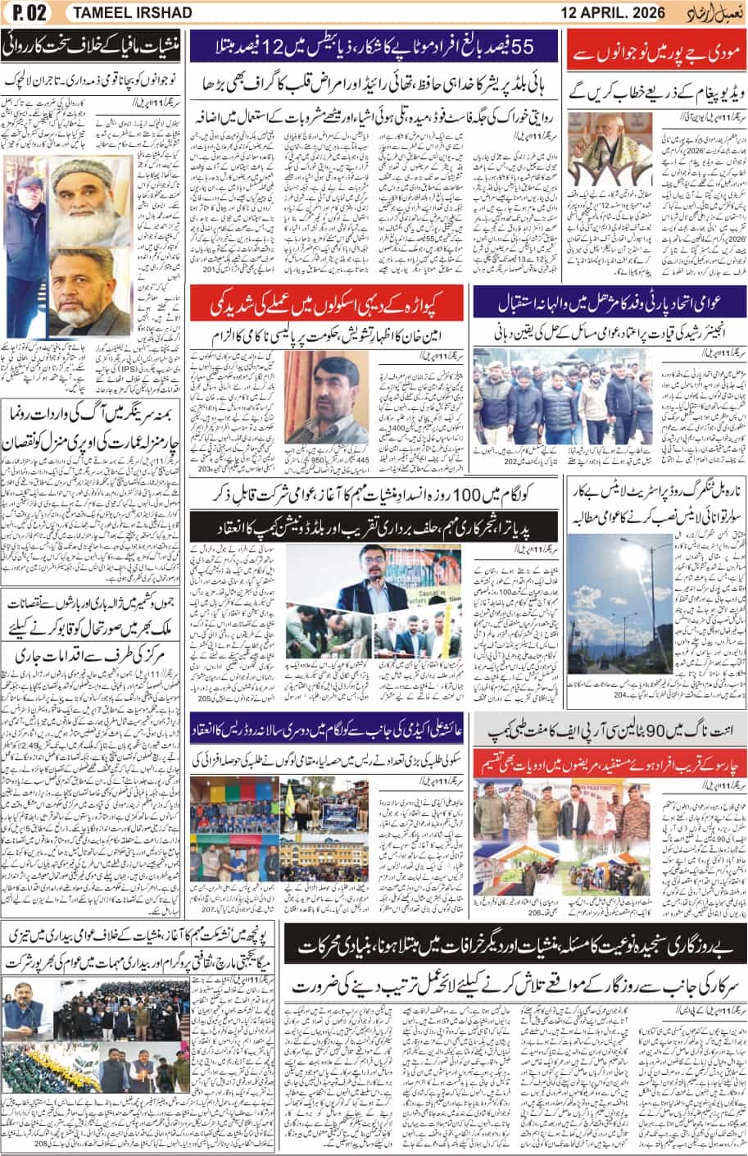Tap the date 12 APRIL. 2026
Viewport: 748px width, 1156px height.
[619, 13]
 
